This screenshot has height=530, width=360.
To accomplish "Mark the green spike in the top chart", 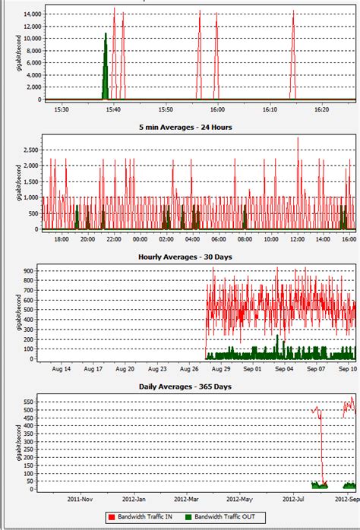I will [x=106, y=67].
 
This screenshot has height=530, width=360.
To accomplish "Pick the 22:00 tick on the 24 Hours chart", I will [x=113, y=240].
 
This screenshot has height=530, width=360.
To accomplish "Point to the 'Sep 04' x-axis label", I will [x=284, y=370].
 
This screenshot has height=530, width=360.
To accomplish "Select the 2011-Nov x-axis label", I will [x=81, y=500].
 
